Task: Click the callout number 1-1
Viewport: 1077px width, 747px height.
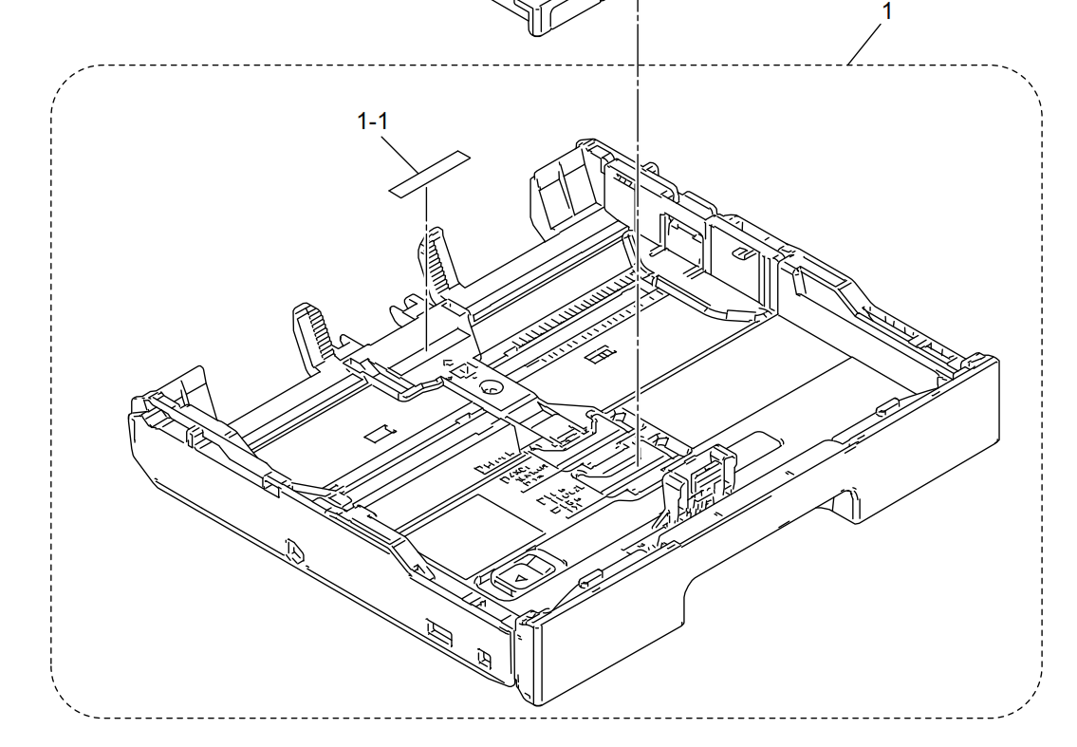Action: [372, 121]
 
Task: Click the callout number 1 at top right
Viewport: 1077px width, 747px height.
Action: [886, 11]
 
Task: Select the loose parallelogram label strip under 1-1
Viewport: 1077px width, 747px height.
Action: [430, 174]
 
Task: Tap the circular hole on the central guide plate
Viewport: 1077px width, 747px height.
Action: [491, 387]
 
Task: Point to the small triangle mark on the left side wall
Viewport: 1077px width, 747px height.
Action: [294, 550]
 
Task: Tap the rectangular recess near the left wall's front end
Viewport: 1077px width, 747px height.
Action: [440, 630]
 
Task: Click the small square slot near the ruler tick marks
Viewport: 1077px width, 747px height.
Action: [600, 354]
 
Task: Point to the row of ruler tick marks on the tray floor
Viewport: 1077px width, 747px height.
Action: [569, 318]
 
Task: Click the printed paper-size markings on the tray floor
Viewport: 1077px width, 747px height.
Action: [550, 486]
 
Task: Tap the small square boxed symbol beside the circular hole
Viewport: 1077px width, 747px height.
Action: [466, 371]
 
